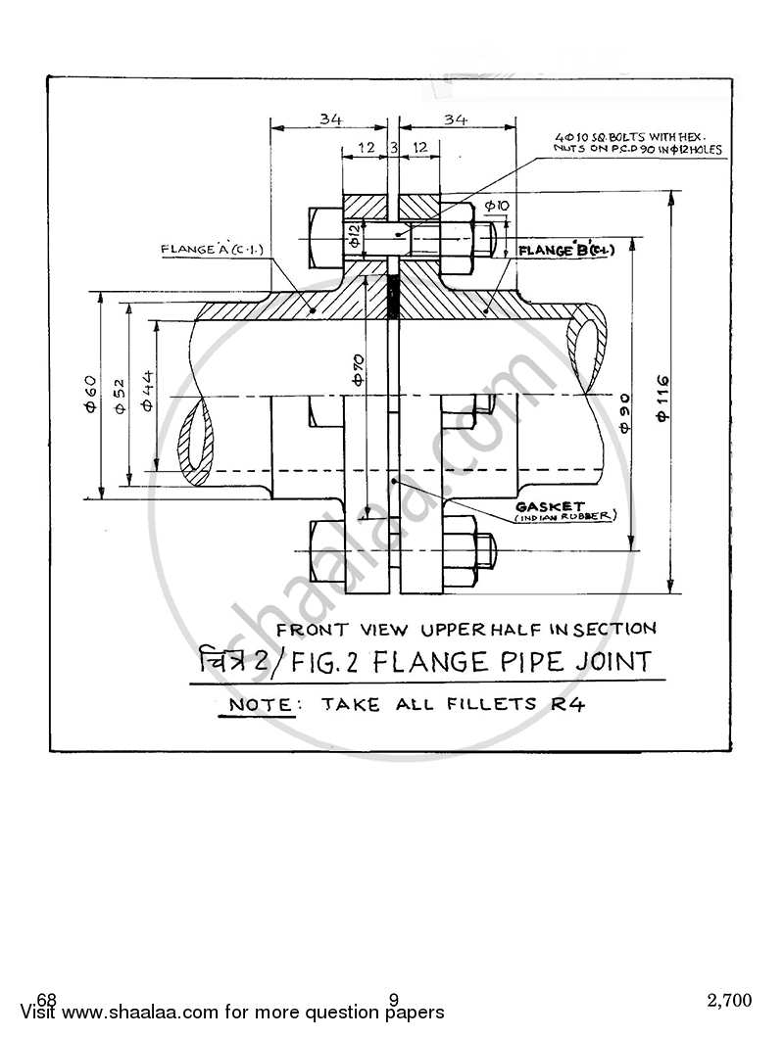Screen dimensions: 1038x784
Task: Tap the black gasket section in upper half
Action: click(394, 299)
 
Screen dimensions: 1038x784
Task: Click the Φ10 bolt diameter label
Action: click(496, 205)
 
